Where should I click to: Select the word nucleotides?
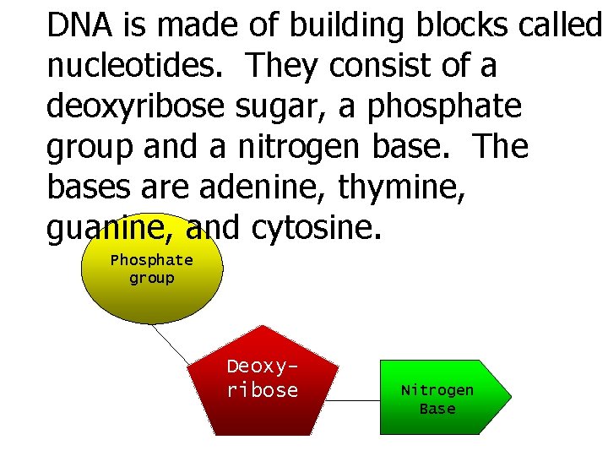[x=133, y=66]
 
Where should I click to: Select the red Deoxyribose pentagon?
[x=263, y=405]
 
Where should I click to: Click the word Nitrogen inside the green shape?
[x=437, y=390]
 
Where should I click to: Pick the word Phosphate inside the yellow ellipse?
[x=152, y=260]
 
